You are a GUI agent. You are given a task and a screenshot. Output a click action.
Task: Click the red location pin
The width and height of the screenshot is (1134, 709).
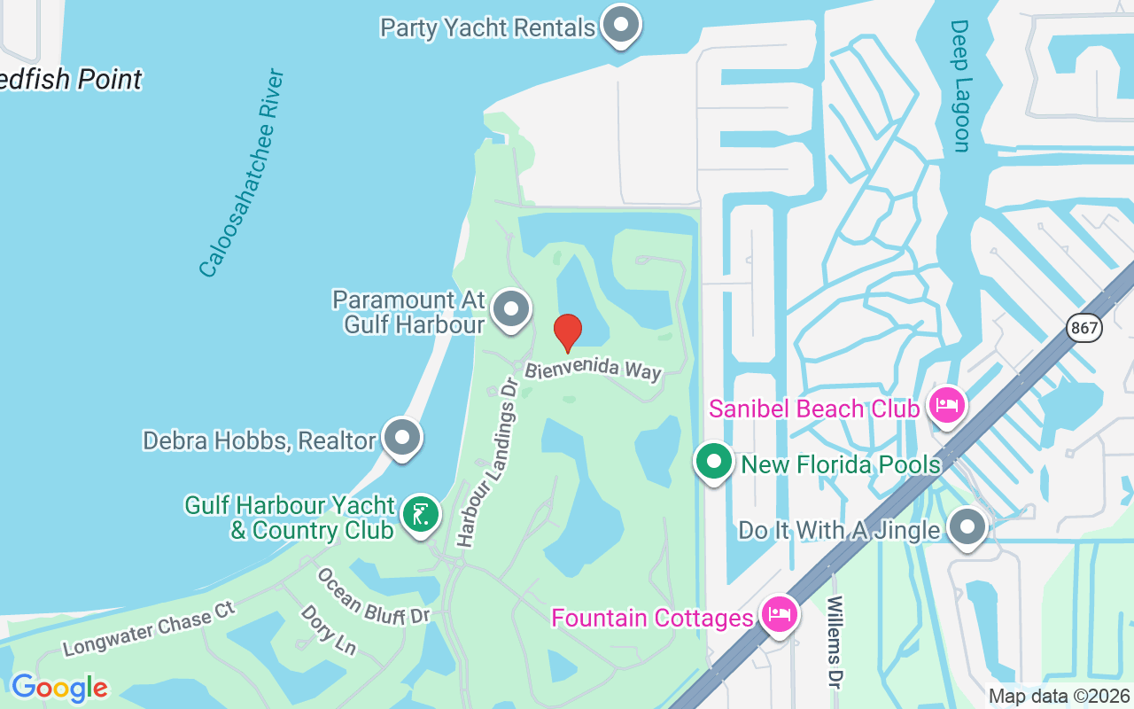(568, 331)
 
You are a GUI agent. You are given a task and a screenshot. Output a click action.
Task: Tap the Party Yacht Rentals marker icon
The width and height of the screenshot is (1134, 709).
(621, 24)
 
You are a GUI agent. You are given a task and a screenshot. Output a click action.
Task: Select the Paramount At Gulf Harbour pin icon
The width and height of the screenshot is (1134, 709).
(510, 309)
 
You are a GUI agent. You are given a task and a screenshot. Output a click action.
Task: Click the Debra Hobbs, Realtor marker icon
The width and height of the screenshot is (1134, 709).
(403, 437)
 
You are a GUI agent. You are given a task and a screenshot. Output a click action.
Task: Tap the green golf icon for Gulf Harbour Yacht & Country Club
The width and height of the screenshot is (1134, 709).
(421, 514)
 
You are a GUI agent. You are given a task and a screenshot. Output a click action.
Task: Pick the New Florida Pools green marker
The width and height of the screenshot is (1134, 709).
(713, 461)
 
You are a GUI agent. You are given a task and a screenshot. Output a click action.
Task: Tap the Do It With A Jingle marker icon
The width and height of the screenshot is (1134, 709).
(967, 527)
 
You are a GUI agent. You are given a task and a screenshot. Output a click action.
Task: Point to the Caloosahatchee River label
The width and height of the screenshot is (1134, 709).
(241, 173)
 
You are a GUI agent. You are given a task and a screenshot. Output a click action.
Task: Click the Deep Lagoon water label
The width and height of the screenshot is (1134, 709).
(960, 86)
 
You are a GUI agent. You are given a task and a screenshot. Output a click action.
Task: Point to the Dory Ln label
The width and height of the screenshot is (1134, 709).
(328, 629)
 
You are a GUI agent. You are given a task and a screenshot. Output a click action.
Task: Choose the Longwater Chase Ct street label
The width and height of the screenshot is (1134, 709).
(149, 628)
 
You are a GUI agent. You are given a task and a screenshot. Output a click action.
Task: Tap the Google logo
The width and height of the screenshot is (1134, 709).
(59, 688)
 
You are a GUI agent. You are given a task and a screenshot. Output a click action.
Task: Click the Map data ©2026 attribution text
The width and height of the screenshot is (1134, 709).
(1059, 697)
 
